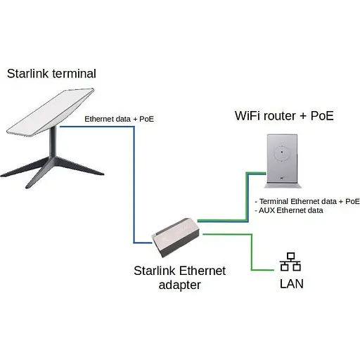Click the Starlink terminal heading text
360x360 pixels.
(x=51, y=73)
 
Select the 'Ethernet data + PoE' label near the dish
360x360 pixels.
(x=119, y=119)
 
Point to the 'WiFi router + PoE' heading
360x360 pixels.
(x=283, y=115)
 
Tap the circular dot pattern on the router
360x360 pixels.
(x=281, y=151)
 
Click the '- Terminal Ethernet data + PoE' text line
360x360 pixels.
(x=305, y=201)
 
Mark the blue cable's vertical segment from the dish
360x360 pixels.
(x=134, y=183)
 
